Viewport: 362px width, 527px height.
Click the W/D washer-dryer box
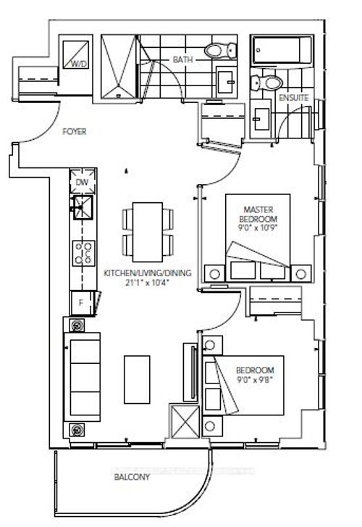pyautogui.click(x=74, y=54)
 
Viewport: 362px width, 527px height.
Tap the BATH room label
pyautogui.click(x=181, y=60)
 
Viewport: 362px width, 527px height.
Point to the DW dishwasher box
pyautogui.click(x=81, y=183)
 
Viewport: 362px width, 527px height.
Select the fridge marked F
pyautogui.click(x=81, y=300)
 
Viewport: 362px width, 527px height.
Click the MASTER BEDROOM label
pyautogui.click(x=257, y=214)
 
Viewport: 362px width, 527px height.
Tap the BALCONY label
pyautogui.click(x=131, y=477)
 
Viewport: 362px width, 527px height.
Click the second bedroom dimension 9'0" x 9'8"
pyautogui.click(x=257, y=377)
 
